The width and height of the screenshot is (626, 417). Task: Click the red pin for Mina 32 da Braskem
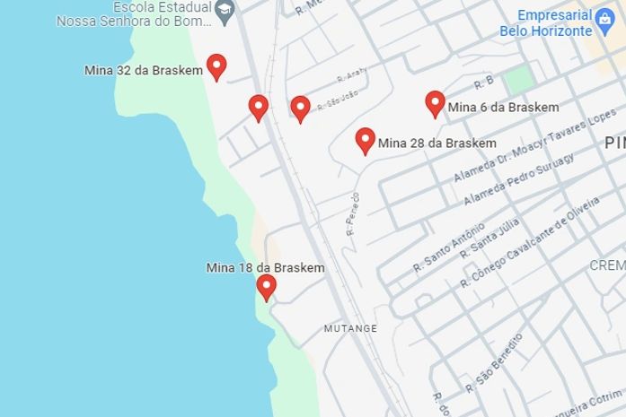coord(216,66)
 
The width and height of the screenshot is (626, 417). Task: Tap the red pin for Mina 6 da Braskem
coord(435,103)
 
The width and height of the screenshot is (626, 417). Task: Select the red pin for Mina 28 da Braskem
coord(365,140)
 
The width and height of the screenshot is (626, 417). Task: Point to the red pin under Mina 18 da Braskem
coord(266,286)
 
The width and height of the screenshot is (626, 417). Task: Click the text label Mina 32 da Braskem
coord(144,70)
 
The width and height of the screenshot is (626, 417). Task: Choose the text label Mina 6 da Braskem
coord(503,108)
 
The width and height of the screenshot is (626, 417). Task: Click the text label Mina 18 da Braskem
coord(266,267)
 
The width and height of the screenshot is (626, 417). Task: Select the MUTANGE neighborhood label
coord(350,329)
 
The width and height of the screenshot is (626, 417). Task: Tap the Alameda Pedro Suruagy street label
coord(519,178)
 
